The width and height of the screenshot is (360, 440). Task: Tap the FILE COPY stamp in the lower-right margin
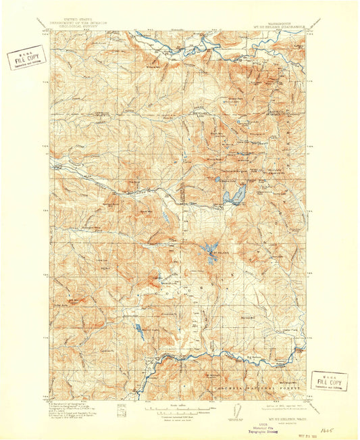click(x=330, y=381)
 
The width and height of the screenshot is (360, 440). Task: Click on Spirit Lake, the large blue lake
click(x=233, y=197)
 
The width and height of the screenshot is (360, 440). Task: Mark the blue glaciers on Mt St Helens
click(x=207, y=253)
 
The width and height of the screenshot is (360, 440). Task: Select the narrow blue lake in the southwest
click(x=139, y=331)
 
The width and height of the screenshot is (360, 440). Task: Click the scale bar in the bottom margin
click(x=176, y=410)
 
